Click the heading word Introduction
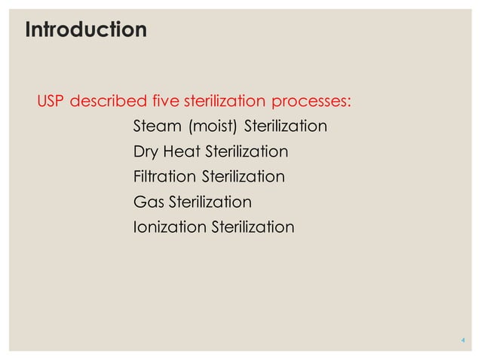(86, 31)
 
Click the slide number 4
(462, 341)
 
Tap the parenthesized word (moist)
(213, 127)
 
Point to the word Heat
(180, 152)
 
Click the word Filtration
(164, 177)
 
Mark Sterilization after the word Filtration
(243, 177)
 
